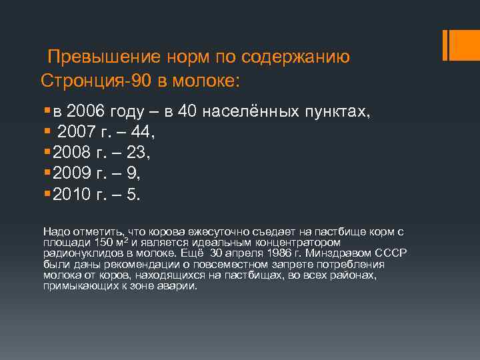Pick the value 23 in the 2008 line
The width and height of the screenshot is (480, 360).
tap(138, 154)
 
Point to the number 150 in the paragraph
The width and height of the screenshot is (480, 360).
tap(104, 241)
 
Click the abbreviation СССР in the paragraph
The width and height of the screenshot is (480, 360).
tap(393, 254)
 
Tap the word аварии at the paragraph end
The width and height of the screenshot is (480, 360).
tap(181, 285)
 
